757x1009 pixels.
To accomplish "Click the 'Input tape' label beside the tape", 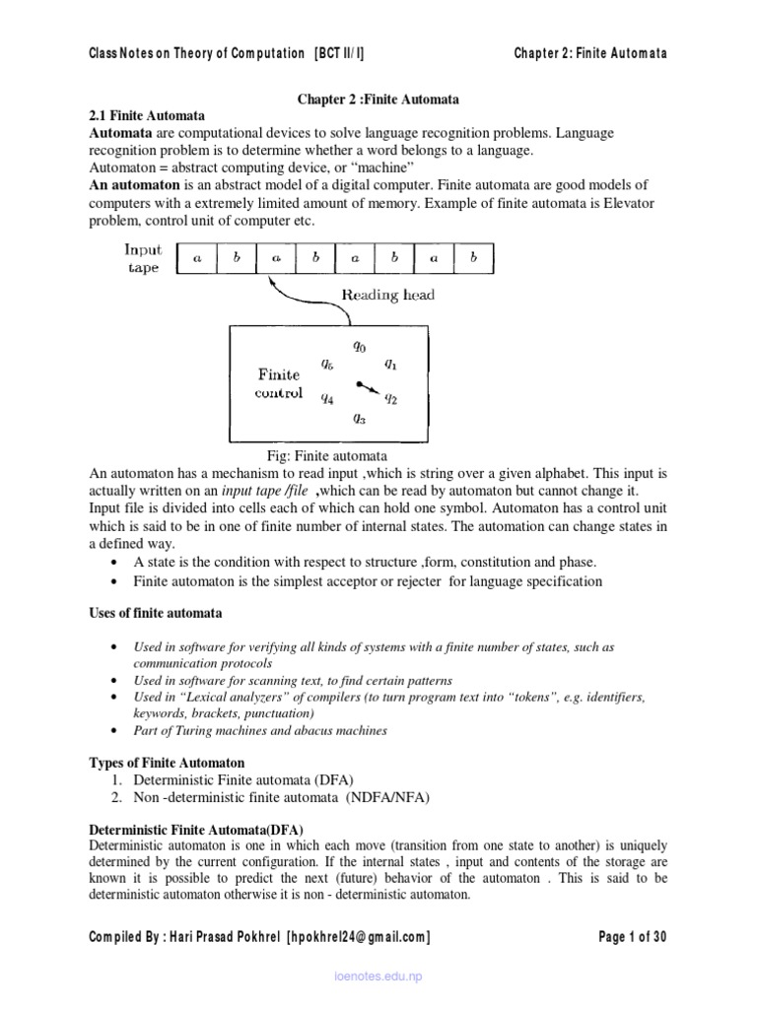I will (x=143, y=258).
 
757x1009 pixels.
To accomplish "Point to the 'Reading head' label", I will (x=388, y=295).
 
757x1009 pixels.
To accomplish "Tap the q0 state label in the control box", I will (x=359, y=346).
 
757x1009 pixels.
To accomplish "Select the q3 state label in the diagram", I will (x=359, y=418).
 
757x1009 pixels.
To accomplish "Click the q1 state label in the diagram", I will (x=390, y=364).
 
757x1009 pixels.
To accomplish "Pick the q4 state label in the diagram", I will (x=326, y=399).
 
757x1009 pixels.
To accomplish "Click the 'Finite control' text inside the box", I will (x=278, y=383).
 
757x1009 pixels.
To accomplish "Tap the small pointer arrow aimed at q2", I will (x=367, y=386).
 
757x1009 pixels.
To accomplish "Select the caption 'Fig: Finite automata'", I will (x=327, y=455).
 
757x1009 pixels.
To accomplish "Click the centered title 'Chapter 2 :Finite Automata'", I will (x=378, y=100).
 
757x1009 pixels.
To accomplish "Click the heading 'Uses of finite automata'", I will (x=155, y=613).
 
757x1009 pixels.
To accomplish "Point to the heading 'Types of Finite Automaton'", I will (x=167, y=764).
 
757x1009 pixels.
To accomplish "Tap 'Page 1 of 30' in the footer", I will (x=633, y=937).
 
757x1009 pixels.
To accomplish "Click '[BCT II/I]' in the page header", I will (x=344, y=53).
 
